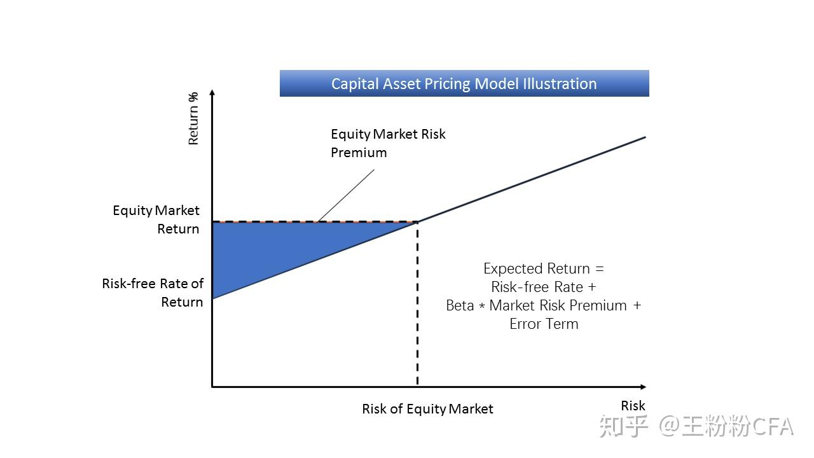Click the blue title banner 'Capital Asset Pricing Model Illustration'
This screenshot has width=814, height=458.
464,83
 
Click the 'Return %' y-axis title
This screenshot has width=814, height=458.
193,118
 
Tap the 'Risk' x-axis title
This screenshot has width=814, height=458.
633,406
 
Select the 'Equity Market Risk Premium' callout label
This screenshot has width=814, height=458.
388,143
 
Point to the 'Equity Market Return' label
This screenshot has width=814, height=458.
156,219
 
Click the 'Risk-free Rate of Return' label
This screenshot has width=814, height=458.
153,293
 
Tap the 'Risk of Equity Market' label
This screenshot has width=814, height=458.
427,409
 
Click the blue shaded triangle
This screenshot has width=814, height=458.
280,247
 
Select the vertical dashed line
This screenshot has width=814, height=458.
417,303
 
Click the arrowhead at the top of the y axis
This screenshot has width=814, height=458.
212,93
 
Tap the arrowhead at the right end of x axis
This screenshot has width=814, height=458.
643,387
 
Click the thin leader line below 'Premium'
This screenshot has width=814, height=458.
346,195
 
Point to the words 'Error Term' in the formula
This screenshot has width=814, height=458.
544,324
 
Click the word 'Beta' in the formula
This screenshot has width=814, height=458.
460,305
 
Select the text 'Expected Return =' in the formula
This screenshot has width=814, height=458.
543,268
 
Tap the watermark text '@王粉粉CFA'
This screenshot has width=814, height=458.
726,426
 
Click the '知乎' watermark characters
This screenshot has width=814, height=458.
624,426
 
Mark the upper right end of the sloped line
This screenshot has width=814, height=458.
645,137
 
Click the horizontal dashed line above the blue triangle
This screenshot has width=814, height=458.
315,221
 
